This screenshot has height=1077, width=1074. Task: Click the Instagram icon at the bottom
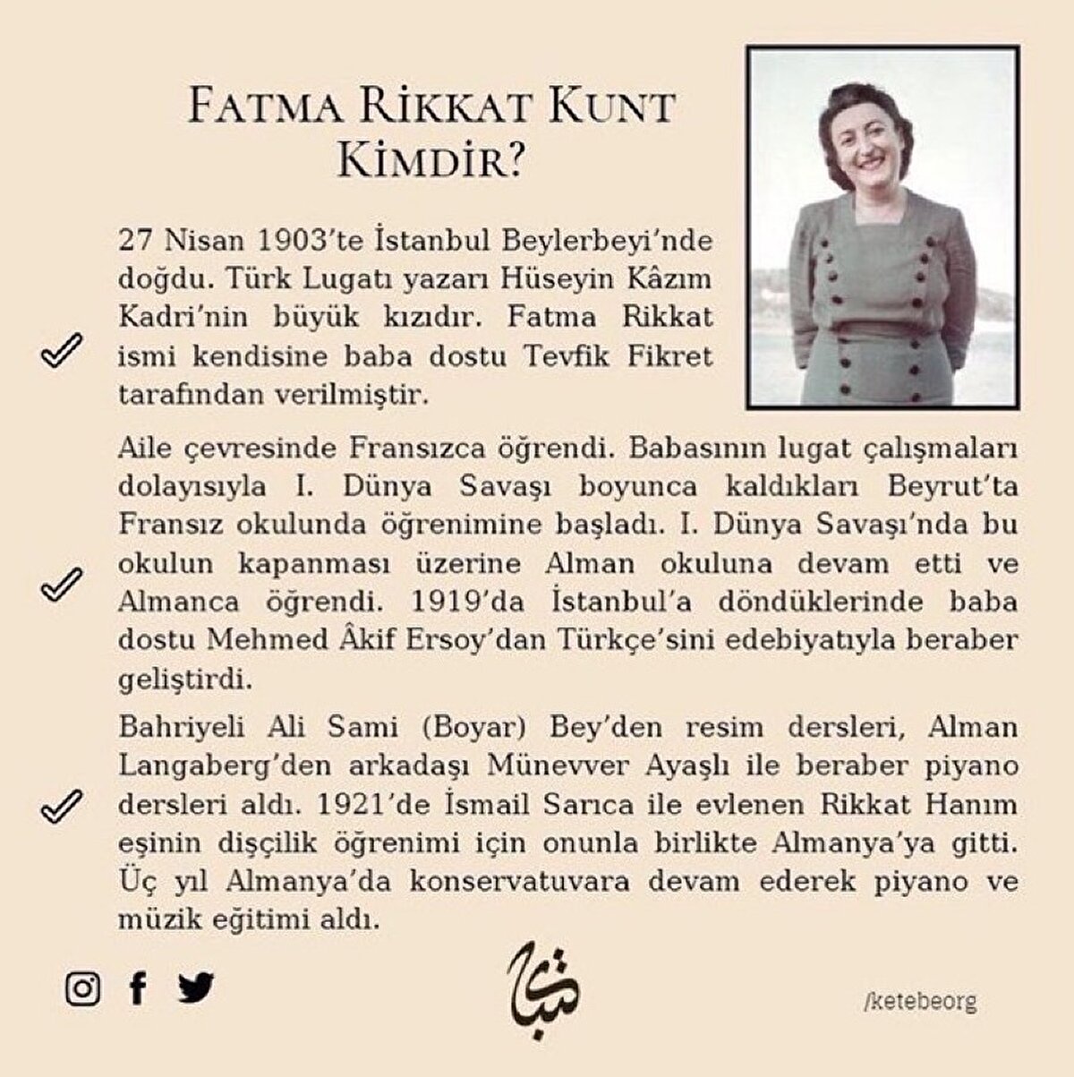click(82, 988)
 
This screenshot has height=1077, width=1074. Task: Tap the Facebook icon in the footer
click(137, 988)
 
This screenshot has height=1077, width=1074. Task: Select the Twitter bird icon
click(196, 988)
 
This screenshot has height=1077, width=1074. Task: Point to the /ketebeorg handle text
click(920, 1001)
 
